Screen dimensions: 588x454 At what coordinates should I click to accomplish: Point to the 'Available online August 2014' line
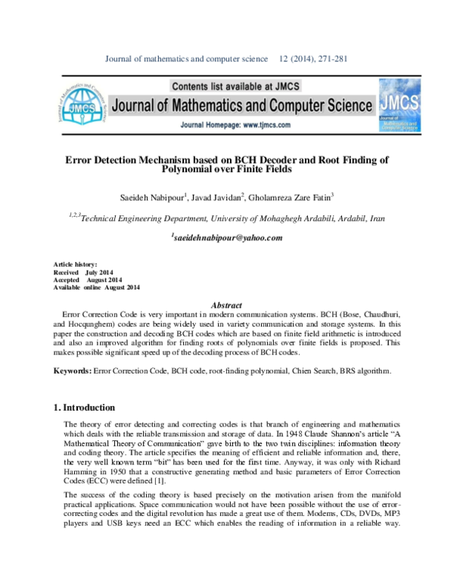pyautogui.click(x=96, y=287)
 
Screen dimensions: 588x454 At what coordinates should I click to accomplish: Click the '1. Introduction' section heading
pyautogui.click(x=84, y=407)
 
